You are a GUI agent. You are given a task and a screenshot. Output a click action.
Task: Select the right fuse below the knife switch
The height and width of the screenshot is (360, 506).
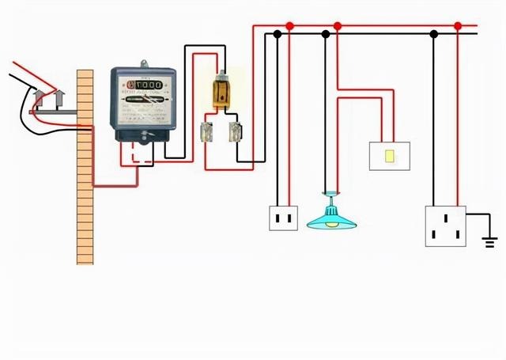[x=234, y=132]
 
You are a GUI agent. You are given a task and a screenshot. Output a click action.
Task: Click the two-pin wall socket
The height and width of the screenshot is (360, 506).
[x=283, y=216]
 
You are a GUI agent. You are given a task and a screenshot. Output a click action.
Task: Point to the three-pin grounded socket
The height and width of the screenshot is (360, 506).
[x=445, y=225]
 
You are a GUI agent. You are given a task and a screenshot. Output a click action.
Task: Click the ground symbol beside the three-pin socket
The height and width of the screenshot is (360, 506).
[x=490, y=239]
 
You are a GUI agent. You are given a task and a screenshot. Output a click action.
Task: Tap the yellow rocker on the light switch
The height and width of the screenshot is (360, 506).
[x=391, y=155]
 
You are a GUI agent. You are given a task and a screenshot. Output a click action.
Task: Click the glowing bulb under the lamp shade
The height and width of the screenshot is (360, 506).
[x=331, y=224]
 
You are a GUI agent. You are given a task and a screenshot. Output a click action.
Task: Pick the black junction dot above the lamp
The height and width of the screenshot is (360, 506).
[x=326, y=35]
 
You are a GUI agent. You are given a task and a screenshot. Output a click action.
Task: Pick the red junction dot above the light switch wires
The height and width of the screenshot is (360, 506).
[x=338, y=26]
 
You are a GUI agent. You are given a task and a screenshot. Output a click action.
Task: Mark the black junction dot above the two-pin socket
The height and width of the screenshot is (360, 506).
[x=278, y=35]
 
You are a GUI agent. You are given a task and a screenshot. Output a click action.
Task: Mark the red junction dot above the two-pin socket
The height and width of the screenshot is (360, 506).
[x=290, y=26]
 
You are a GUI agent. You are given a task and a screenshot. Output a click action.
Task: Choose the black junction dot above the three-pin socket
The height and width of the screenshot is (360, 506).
[x=433, y=35]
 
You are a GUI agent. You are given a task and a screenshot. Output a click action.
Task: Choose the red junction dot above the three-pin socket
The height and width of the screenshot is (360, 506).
[x=459, y=26]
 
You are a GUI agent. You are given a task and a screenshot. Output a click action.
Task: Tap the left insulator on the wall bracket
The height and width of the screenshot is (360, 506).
[x=38, y=99]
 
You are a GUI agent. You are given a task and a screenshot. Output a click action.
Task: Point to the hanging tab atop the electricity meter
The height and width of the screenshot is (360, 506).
[x=144, y=63]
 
